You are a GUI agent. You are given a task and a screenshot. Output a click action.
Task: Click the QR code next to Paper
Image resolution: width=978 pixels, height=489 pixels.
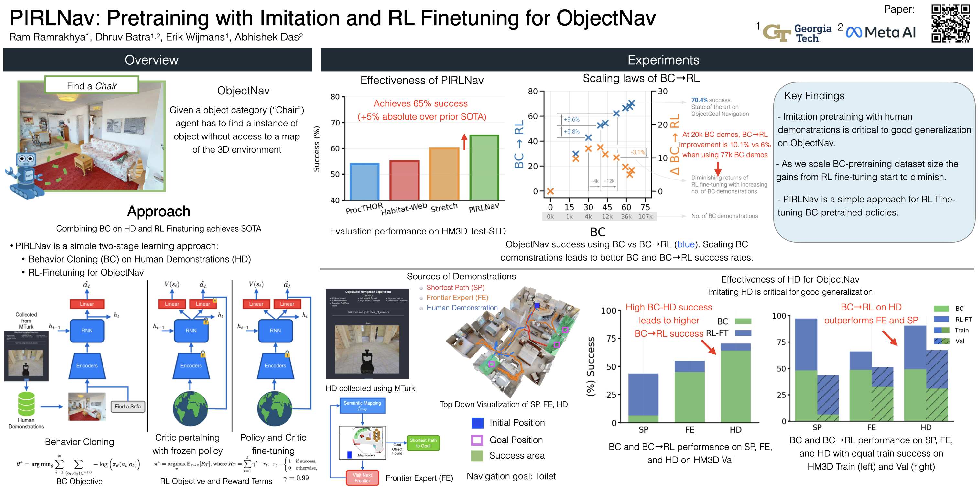pyautogui.click(x=950, y=23)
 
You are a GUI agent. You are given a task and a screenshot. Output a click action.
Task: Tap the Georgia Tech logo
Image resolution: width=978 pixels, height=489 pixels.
pyautogui.click(x=797, y=33)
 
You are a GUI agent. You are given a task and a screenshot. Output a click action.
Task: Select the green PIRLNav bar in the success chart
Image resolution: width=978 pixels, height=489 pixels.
pyautogui.click(x=484, y=168)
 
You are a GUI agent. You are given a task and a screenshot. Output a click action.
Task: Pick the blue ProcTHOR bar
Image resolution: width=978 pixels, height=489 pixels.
pyautogui.click(x=364, y=181)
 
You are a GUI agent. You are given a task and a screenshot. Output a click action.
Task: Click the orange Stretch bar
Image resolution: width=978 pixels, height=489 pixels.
pyautogui.click(x=444, y=174)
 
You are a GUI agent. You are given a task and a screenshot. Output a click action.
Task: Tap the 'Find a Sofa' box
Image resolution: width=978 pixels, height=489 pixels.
pyautogui.click(x=127, y=406)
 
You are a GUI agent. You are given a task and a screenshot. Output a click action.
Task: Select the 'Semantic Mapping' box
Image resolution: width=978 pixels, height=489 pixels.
pyautogui.click(x=362, y=406)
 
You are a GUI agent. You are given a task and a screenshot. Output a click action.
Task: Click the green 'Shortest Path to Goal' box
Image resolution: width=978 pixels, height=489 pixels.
pyautogui.click(x=423, y=443)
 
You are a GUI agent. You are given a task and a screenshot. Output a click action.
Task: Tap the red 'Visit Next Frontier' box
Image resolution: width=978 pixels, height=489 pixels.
pyautogui.click(x=362, y=478)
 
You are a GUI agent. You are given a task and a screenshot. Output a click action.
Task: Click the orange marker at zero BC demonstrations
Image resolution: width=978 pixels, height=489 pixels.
pyautogui.click(x=550, y=191)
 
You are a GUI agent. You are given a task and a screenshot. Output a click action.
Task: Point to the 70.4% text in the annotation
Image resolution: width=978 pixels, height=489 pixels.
pyautogui.click(x=699, y=100)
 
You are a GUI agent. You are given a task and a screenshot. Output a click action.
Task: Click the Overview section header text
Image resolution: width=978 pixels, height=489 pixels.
pyautogui.click(x=151, y=60)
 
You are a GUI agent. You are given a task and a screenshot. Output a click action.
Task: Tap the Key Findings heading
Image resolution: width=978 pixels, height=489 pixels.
pyautogui.click(x=814, y=96)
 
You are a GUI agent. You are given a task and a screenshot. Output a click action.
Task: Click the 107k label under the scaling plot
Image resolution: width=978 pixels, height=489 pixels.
pyautogui.click(x=645, y=216)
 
